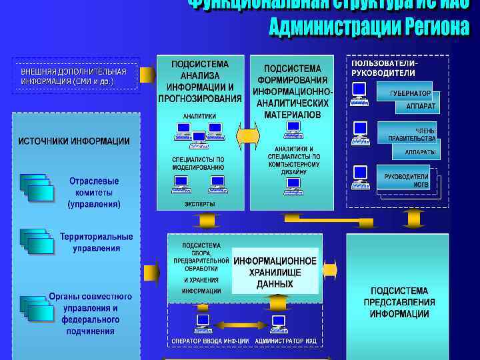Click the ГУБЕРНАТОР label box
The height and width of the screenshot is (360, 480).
(x=410, y=94)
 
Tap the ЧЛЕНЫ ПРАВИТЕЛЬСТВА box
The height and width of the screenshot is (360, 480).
(x=412, y=135)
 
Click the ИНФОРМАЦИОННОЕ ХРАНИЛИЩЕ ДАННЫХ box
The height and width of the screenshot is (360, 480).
(x=275, y=272)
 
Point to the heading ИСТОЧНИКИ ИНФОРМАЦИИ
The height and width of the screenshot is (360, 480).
(x=74, y=141)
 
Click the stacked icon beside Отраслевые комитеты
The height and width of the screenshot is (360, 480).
(x=36, y=185)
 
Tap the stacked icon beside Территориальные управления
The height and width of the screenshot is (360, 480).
(x=36, y=241)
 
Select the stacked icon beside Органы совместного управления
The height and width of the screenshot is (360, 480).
(x=36, y=307)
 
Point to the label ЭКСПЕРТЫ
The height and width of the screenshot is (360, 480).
(x=200, y=204)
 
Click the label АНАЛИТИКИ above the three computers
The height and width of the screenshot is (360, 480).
(x=200, y=115)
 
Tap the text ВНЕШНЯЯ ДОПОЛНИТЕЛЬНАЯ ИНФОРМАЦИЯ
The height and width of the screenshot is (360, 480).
(x=73, y=76)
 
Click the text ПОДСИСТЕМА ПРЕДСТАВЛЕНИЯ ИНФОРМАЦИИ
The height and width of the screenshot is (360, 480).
(x=399, y=303)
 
